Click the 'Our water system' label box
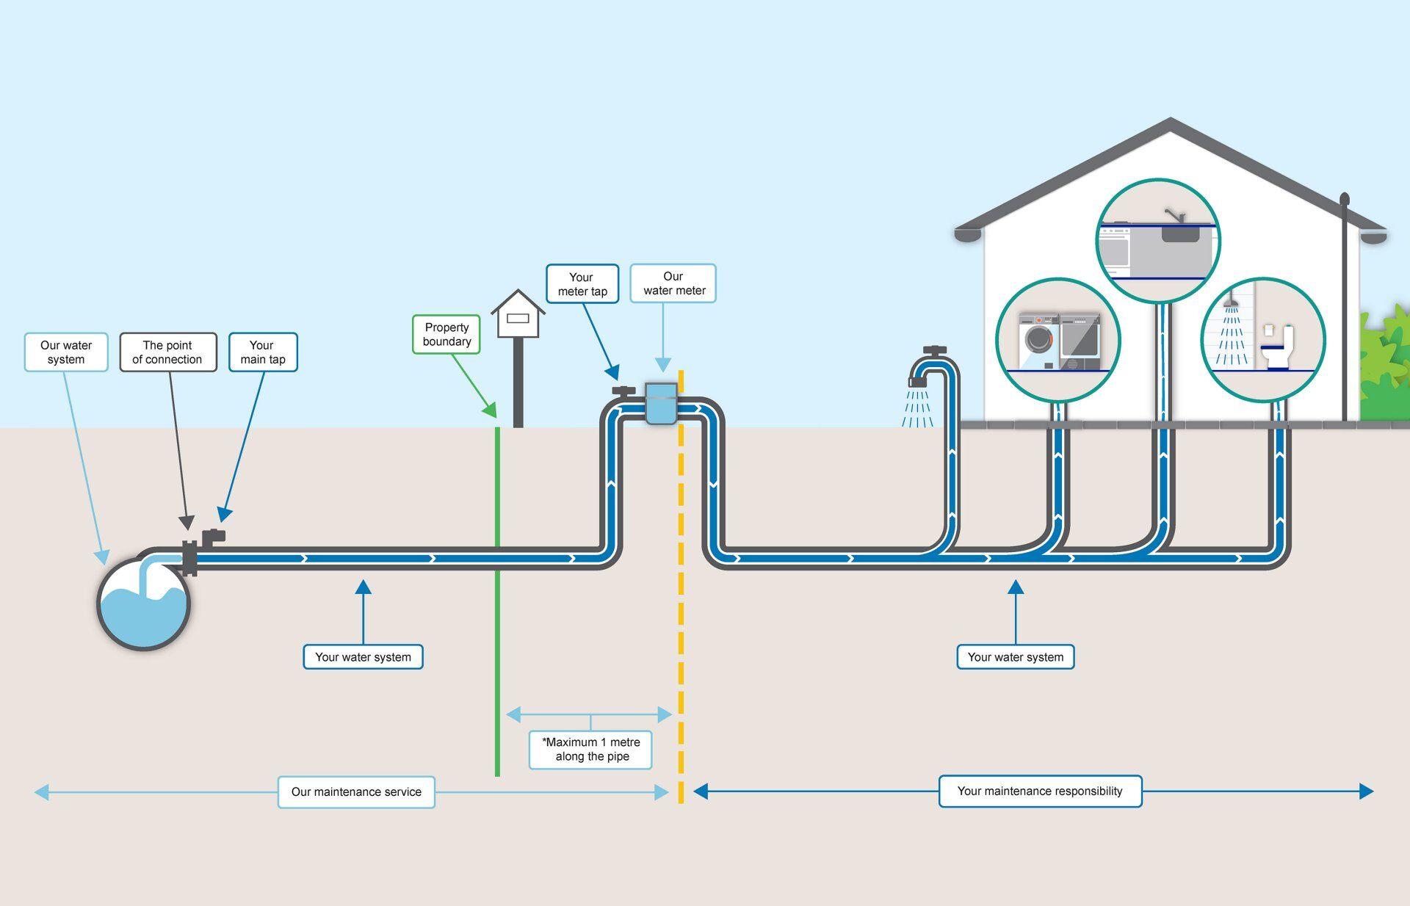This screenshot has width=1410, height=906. pyautogui.click(x=66, y=352)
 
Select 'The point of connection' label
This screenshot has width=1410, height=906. pyautogui.click(x=167, y=352)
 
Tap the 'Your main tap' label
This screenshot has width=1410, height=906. pyautogui.click(x=263, y=352)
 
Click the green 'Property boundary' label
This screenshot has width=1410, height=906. pyautogui.click(x=446, y=335)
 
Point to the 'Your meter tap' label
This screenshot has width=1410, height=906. pyautogui.click(x=582, y=284)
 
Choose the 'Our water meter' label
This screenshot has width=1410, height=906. pyautogui.click(x=673, y=283)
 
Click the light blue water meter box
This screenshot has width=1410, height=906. pyautogui.click(x=660, y=404)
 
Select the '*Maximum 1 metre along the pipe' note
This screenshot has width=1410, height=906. pyautogui.click(x=590, y=750)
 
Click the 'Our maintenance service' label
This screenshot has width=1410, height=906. pyautogui.click(x=356, y=792)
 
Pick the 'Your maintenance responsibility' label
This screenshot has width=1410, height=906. pyautogui.click(x=1040, y=791)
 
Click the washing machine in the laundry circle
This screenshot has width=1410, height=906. pyautogui.click(x=1038, y=341)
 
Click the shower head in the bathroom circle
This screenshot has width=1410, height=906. pyautogui.click(x=1231, y=302)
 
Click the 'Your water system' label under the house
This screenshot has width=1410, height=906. pyautogui.click(x=1016, y=657)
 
